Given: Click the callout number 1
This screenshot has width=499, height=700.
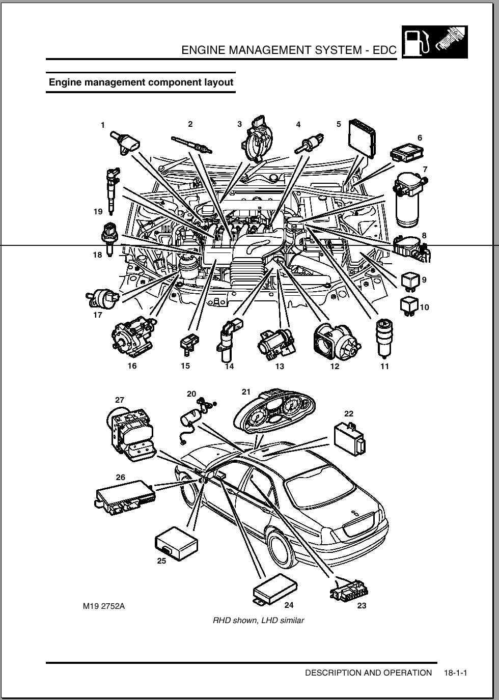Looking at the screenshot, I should (103, 125).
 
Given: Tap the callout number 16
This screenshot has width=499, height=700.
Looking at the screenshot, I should (132, 366).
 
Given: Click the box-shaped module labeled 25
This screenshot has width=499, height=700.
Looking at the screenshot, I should (176, 544).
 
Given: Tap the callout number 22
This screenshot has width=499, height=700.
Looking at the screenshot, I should (348, 414).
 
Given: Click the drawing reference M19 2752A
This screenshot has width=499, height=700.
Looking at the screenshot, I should (103, 606).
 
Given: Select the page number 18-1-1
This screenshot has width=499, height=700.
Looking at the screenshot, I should (455, 673).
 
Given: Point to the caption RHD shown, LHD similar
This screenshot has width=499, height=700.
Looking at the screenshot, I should (258, 620).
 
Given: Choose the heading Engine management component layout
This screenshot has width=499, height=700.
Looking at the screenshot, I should (141, 82).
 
